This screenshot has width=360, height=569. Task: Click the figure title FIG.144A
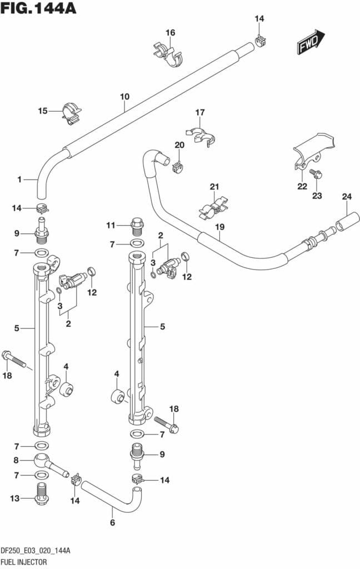[39, 9]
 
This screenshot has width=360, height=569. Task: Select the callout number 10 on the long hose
[124, 97]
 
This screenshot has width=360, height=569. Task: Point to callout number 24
[347, 196]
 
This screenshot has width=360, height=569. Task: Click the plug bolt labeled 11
[137, 225]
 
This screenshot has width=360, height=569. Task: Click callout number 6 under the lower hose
[112, 522]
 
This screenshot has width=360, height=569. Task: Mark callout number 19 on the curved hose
[219, 227]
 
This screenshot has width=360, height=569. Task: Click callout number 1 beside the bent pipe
[19, 179]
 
